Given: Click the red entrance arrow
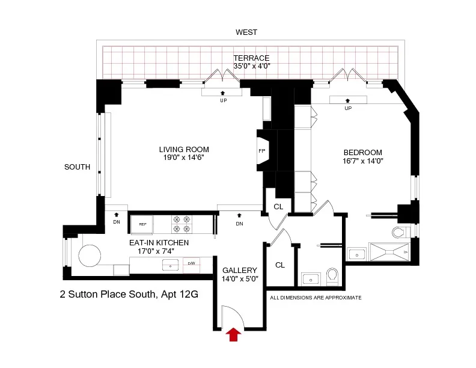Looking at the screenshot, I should click(x=233, y=335).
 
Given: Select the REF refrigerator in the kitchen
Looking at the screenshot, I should click(x=142, y=224).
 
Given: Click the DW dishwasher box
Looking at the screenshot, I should click(x=191, y=263).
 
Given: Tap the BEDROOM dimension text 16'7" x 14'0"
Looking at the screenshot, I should click(x=363, y=161).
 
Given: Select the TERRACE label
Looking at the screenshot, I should click(x=251, y=58).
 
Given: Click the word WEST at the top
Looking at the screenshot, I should click(x=246, y=32).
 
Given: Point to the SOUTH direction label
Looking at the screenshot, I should click(x=77, y=167).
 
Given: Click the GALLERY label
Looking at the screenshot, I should click(x=240, y=271).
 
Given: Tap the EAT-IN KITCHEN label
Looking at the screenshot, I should click(x=159, y=243).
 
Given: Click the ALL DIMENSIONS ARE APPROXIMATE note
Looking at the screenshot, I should click(x=316, y=298).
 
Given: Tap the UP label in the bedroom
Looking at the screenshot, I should click(x=348, y=108).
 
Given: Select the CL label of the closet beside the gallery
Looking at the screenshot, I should click(x=279, y=265).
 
